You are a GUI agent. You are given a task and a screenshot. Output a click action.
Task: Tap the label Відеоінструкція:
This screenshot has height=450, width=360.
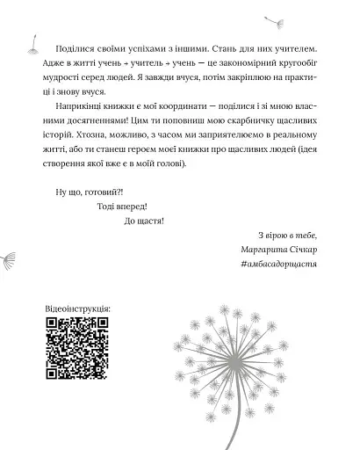(x=76, y=311)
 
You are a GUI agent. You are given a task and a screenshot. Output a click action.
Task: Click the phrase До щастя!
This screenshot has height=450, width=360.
(x=138, y=221)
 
